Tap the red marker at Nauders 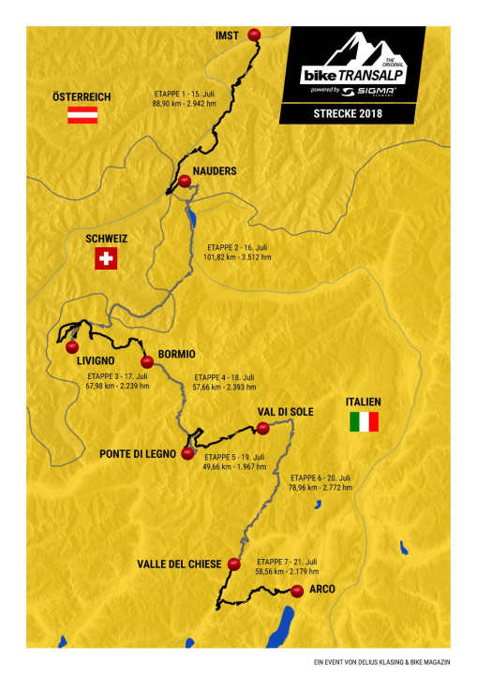(x=185, y=181)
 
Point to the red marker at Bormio (x=146, y=361)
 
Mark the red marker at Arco (x=297, y=590)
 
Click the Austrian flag (x=82, y=116)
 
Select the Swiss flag (x=106, y=259)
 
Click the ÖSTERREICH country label (x=82, y=96)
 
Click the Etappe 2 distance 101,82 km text (x=237, y=256)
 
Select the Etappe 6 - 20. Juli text (x=323, y=476)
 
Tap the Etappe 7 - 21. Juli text (x=287, y=559)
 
